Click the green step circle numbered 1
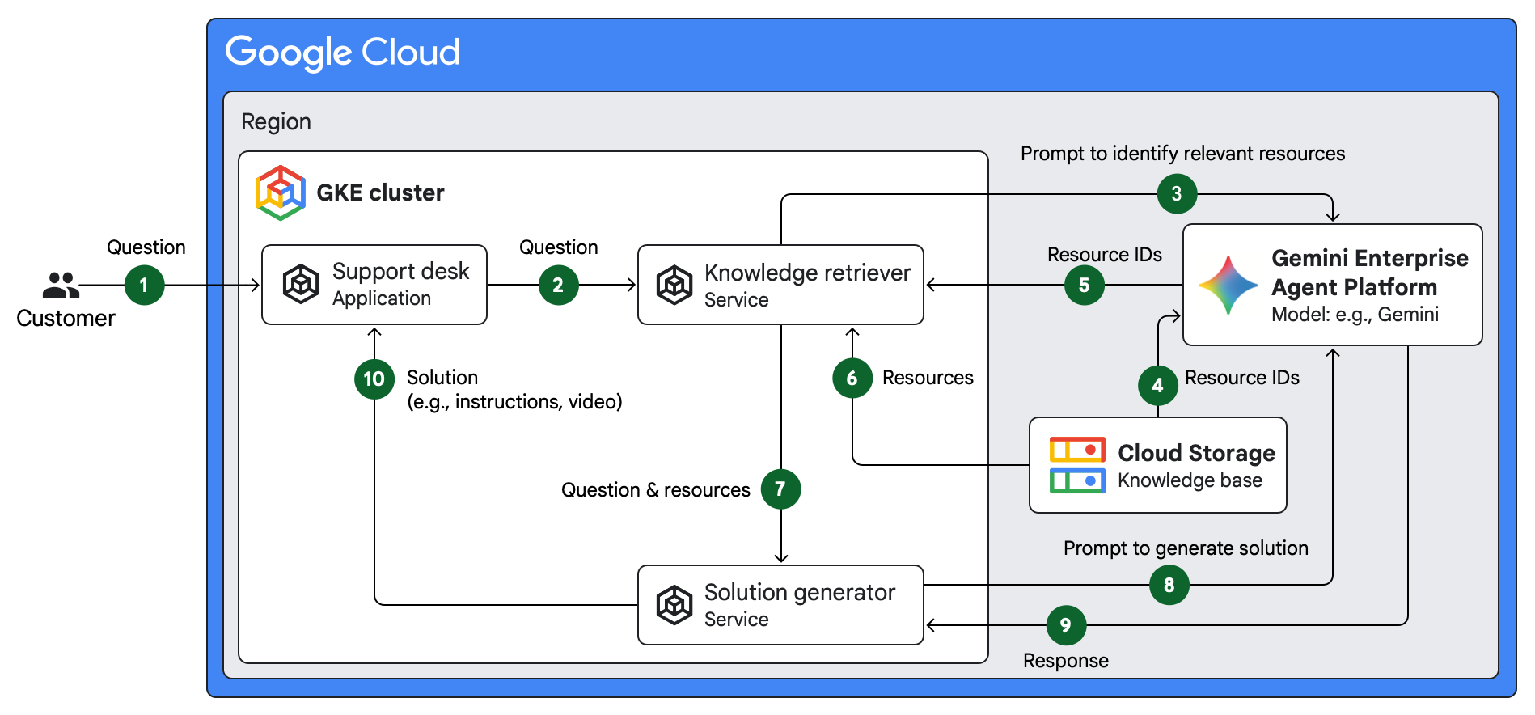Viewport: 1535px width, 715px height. [145, 286]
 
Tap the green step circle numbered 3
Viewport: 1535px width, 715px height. [1177, 194]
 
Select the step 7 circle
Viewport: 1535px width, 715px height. [780, 489]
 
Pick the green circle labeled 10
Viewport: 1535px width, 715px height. [374, 379]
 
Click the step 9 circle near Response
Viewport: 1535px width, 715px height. [1066, 625]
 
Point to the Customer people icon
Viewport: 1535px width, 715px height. [61, 286]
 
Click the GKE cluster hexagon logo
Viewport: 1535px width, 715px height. [280, 192]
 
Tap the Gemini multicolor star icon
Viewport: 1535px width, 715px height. [1228, 286]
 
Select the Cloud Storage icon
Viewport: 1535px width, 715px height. [1077, 465]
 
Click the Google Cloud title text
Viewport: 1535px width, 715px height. [343, 53]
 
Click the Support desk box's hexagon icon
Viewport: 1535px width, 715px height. [301, 284]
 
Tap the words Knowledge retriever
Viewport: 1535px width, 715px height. [807, 273]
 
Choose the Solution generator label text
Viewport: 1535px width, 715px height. [799, 592]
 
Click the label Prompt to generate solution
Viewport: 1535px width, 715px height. [1186, 548]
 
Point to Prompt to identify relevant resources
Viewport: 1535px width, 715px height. [1182, 154]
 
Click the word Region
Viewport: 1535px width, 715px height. [276, 122]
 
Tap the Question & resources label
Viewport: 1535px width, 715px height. [655, 490]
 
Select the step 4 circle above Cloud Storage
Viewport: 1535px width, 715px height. [1157, 386]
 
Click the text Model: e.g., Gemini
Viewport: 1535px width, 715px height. [1355, 315]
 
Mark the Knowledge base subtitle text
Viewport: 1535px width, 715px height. [1190, 480]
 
